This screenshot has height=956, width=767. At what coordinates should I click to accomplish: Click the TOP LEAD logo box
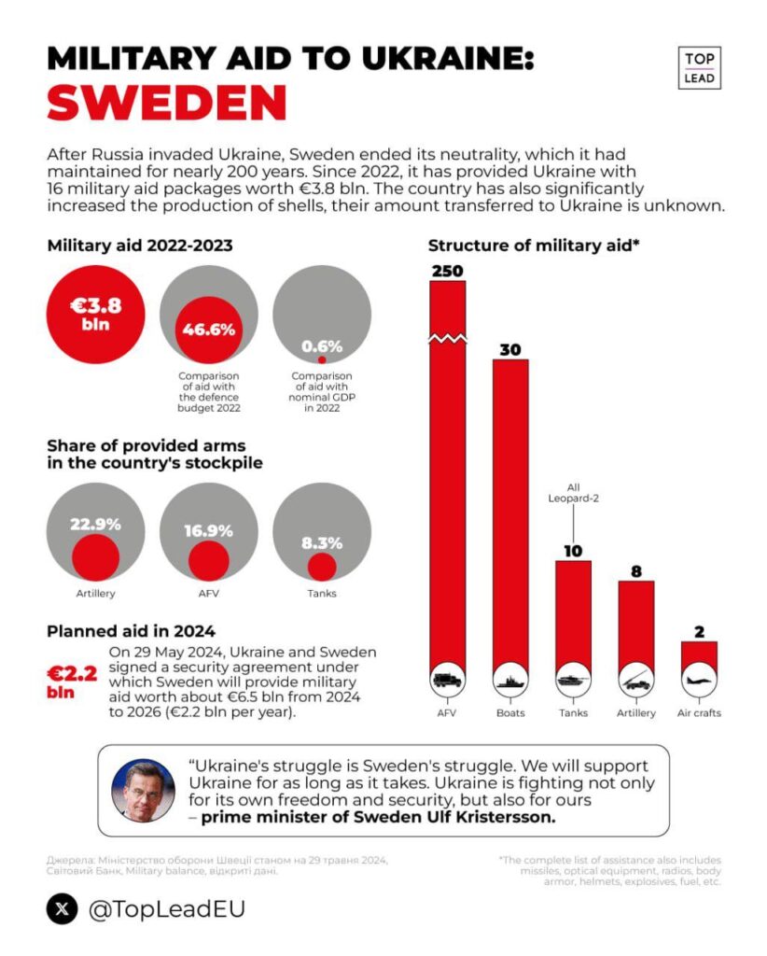[x=700, y=68]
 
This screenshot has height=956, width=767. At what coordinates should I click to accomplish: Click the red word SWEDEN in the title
[x=167, y=103]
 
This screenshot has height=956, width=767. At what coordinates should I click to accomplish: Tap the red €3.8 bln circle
[x=96, y=315]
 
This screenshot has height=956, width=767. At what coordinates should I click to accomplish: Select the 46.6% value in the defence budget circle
[x=208, y=330]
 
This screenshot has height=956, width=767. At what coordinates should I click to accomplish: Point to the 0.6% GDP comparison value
[x=322, y=346]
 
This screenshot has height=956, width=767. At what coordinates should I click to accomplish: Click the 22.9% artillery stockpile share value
[x=96, y=525]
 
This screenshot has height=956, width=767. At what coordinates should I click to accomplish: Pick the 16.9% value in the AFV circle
[x=208, y=531]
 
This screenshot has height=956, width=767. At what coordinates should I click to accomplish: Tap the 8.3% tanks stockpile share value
[x=322, y=543]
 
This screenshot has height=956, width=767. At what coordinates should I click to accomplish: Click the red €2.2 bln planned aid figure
[x=72, y=682]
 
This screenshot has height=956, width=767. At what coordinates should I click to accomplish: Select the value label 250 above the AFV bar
[x=448, y=271]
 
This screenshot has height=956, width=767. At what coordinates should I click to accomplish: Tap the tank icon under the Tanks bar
[x=573, y=680]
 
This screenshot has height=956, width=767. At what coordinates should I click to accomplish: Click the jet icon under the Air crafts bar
[x=699, y=680]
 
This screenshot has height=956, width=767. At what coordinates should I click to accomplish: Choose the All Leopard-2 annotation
[x=573, y=493]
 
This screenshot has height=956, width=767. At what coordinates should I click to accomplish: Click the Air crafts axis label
[x=699, y=712]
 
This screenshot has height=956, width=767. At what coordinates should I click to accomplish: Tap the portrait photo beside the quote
[x=143, y=790]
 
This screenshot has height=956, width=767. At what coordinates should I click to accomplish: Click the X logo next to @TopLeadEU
[x=63, y=909]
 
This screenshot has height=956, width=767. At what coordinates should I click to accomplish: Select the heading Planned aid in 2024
[x=131, y=631]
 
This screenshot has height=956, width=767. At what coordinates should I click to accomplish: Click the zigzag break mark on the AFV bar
[x=448, y=338]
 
